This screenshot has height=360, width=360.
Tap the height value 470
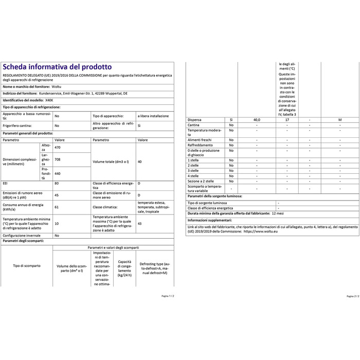pos(58,148)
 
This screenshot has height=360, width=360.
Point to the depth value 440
pos(58,174)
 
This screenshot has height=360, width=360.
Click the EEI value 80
pos(57,184)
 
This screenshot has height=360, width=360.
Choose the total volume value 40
pos(140,161)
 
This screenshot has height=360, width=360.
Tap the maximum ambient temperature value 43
pos(140,223)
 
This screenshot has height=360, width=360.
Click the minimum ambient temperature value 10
pos(57,223)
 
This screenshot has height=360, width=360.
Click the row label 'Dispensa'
pos(195,119)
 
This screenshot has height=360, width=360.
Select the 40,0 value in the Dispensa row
pos(257,119)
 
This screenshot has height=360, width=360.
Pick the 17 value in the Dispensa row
pos(287,119)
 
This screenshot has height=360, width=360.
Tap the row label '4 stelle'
pos(194,176)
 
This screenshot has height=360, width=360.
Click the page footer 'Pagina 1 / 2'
pos(168,296)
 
